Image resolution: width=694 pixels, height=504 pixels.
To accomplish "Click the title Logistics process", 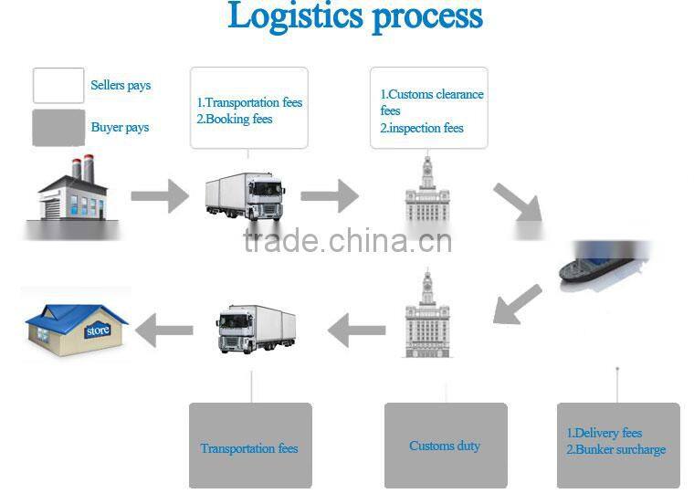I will click(355, 16).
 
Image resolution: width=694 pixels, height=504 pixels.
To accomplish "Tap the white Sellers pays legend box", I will click(58, 85).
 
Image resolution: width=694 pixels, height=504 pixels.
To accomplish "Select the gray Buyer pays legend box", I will click(58, 127).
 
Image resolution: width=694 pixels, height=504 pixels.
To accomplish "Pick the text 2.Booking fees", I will click(235, 120).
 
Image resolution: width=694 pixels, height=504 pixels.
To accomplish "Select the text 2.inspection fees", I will click(422, 128).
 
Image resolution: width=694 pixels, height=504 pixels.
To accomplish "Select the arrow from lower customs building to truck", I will click(356, 330).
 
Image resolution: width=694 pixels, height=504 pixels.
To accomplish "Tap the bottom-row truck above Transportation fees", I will click(256, 328).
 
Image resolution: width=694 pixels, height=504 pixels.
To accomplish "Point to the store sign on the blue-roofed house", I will click(97, 331).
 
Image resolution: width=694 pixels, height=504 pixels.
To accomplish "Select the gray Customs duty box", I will click(446, 446).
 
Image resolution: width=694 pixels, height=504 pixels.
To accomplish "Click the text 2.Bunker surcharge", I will click(616, 449).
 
